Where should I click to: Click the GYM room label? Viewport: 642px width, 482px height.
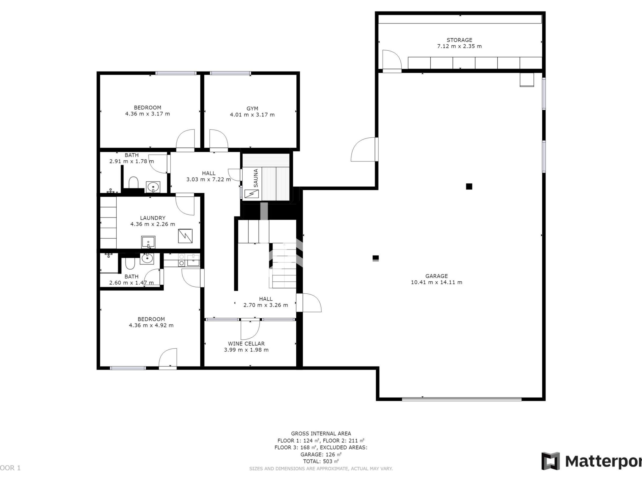252,109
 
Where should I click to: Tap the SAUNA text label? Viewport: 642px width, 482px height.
256,178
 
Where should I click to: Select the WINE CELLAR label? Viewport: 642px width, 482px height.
246,344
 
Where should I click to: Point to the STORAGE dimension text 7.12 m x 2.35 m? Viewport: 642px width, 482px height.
460,46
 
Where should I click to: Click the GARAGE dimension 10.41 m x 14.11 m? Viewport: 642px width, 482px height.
437,282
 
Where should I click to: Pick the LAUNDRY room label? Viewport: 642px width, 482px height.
153,218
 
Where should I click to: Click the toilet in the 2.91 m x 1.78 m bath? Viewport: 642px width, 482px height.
133,183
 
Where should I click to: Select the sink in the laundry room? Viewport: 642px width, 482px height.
148,242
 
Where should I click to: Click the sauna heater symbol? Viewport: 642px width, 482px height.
251,194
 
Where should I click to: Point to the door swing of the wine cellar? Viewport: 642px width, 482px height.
250,330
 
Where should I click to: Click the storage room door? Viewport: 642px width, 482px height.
392,60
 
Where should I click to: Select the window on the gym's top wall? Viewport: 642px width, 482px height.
230,73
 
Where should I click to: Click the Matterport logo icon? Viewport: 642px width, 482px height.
551,461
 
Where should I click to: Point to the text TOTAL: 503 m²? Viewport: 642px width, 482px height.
321,461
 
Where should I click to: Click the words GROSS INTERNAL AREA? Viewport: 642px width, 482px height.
321,434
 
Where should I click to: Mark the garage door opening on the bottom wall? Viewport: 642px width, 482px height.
461,399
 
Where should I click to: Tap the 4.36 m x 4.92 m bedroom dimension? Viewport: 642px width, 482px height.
151,325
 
